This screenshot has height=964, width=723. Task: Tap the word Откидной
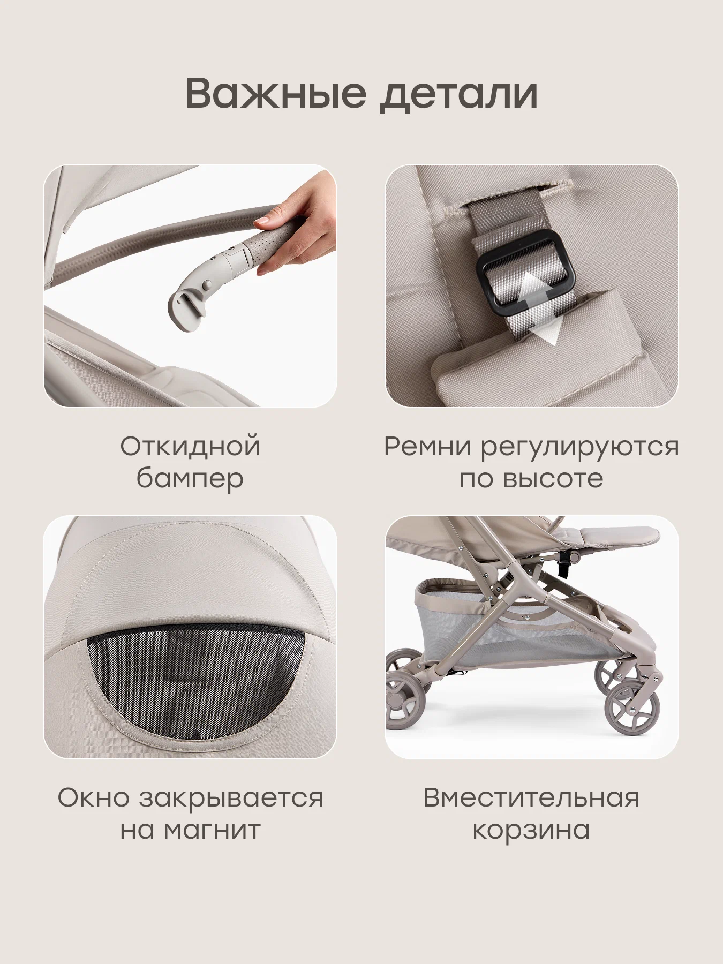coord(190,447)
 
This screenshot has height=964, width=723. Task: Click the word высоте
coord(554,479)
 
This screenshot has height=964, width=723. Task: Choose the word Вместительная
coord(531,797)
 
